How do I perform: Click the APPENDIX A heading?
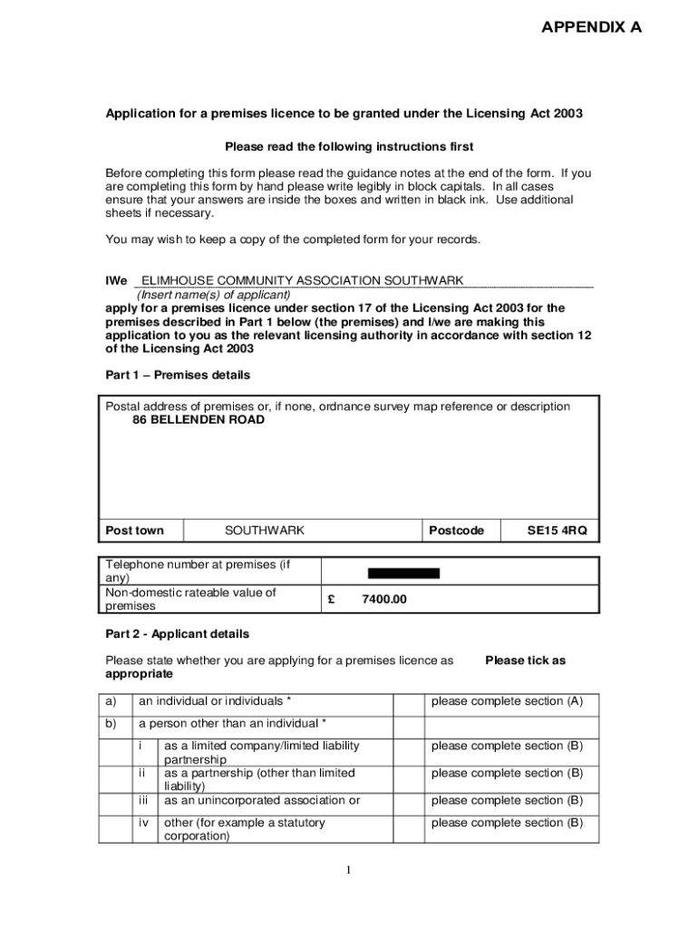(591, 27)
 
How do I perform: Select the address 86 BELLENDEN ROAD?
(199, 420)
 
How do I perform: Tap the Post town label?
(135, 531)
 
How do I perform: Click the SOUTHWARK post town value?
(265, 531)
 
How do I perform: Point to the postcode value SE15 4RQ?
(557, 531)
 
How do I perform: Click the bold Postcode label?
(456, 531)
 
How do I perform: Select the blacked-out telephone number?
(403, 572)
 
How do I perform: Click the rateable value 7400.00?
(384, 600)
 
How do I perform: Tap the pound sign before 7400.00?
(332, 600)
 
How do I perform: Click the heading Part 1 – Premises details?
(178, 375)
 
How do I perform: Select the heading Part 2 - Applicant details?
(177, 634)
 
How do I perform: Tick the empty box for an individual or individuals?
(409, 702)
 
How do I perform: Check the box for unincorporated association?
(409, 801)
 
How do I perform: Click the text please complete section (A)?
(507, 701)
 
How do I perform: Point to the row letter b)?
(111, 724)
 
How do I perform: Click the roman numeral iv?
(142, 823)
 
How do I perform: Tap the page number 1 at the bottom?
(348, 871)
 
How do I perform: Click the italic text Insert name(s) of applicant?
(213, 295)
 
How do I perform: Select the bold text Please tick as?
(525, 660)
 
